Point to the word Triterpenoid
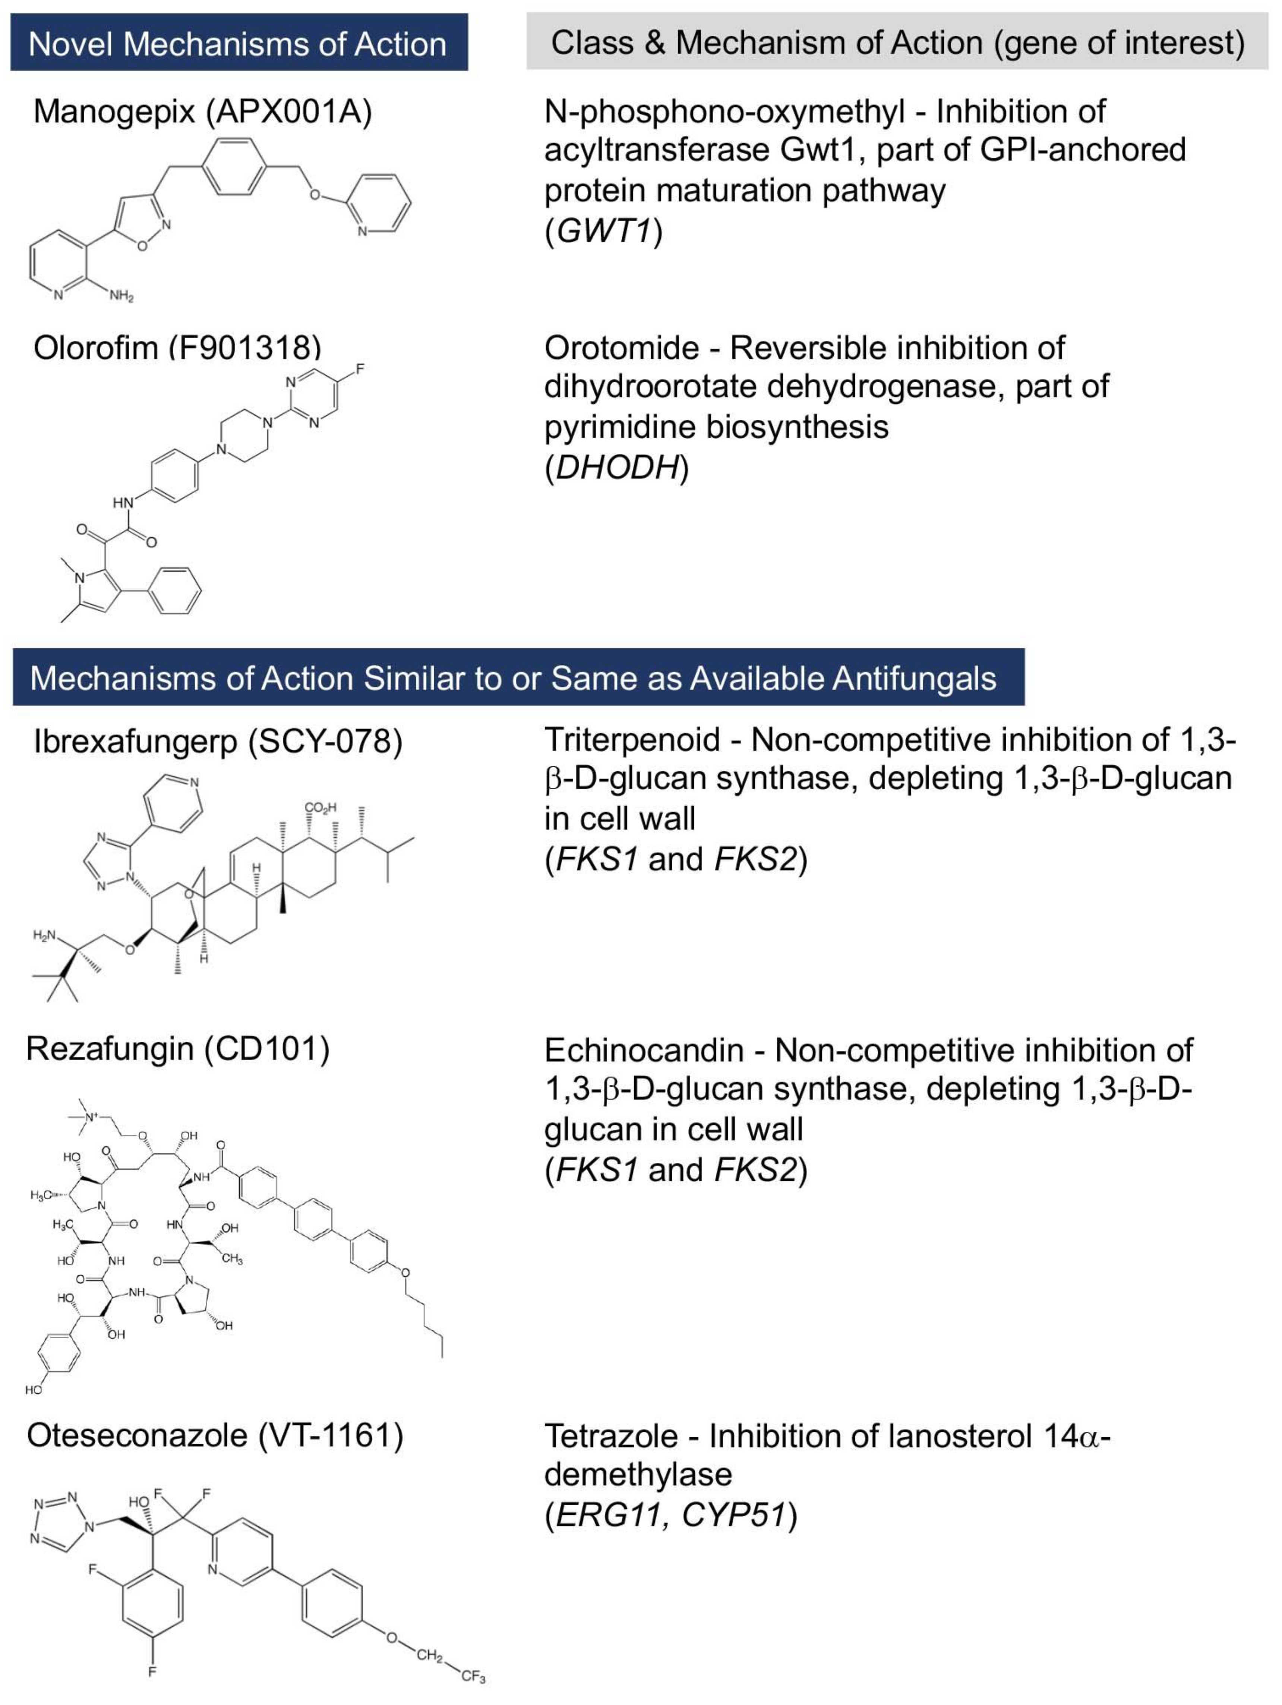(x=632, y=740)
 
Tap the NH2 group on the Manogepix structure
(x=121, y=295)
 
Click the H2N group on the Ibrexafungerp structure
(x=45, y=936)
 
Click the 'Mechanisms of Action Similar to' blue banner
(x=518, y=678)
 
